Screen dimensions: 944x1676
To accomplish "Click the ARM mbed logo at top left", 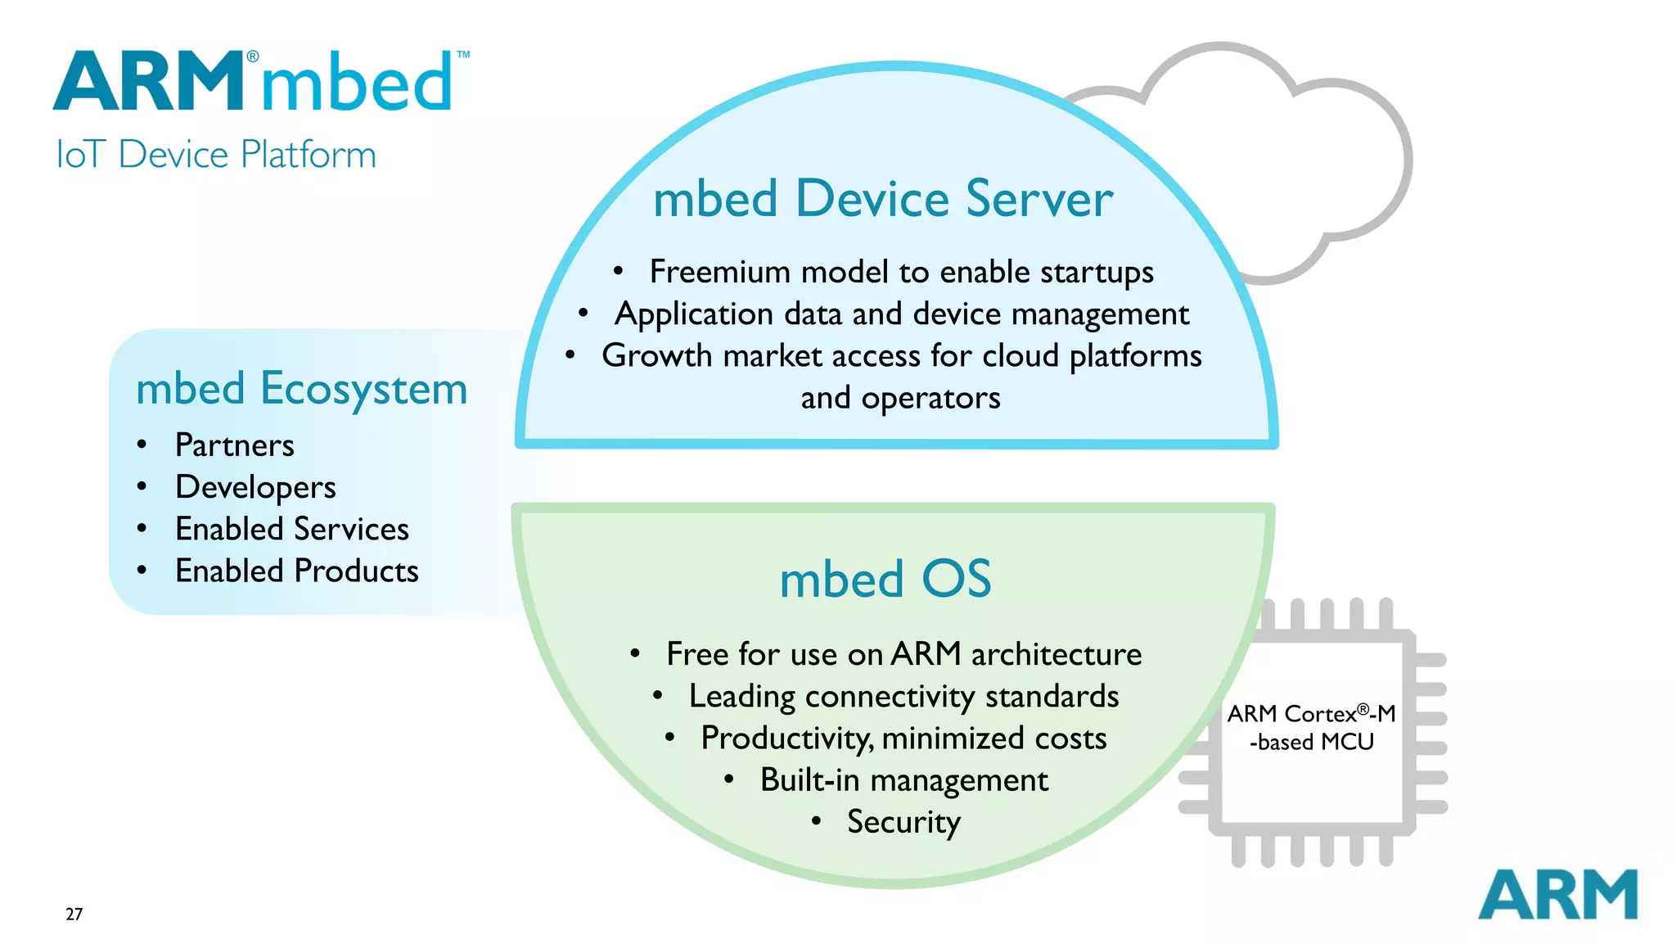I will pos(254,82).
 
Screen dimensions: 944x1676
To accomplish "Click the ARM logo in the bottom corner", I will pos(1557,895).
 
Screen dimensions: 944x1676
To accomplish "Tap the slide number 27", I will pos(74,915).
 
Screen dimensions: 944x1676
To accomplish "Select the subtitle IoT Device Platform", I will pos(216,155).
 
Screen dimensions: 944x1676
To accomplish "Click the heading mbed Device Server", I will pos(883,199).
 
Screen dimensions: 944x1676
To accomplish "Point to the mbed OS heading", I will pos(885,579).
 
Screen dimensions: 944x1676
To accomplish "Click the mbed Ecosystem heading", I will pos(301,388).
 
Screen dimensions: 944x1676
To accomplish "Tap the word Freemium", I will pos(719,272).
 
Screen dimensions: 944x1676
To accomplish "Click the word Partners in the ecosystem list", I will pos(235,445).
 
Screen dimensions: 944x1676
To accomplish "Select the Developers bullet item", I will pos(255,487).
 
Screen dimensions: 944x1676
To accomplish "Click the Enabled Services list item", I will pos(292,529).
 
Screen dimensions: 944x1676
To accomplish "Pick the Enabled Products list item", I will pos(296,571).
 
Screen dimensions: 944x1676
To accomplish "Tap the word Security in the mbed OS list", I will pos(903,822).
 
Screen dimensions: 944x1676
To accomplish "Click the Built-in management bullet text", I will pos(903,780).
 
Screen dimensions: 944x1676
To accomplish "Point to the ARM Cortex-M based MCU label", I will pos(1311,728).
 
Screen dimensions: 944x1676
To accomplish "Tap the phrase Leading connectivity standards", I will pos(903,697).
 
